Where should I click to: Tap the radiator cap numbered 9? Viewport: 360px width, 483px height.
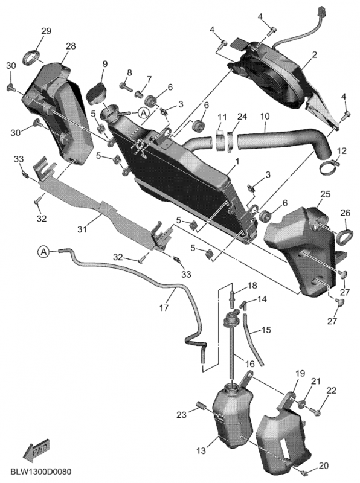coord(97,92)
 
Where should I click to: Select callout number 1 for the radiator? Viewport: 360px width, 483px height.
coord(237,162)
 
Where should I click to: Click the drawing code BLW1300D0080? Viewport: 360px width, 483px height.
coord(40,470)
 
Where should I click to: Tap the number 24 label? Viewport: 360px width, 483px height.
coord(242,117)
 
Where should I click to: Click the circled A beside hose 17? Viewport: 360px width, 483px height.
coord(44,251)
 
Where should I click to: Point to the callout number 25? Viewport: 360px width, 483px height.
coord(325,195)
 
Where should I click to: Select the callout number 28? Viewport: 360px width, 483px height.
coord(70,46)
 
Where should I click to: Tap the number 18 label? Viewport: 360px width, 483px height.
coord(252,286)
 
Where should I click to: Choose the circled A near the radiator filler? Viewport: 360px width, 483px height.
coord(143,112)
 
